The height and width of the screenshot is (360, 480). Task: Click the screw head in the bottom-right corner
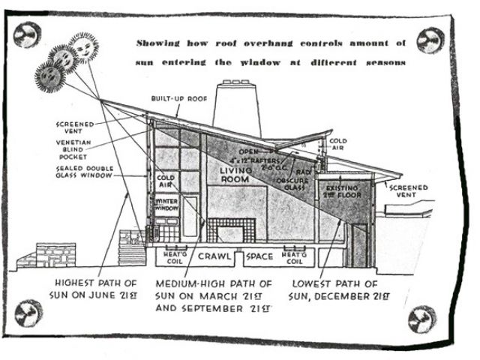click(421, 319)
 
